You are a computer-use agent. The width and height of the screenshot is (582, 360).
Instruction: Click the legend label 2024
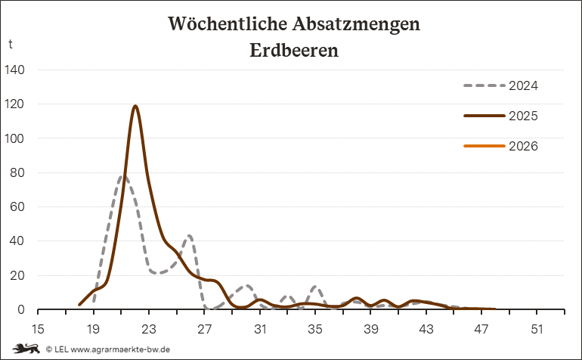pyautogui.click(x=523, y=85)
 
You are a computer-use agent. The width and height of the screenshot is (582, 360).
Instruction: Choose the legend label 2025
pyautogui.click(x=523, y=116)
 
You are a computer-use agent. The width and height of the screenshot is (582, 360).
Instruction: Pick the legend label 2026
pyautogui.click(x=523, y=146)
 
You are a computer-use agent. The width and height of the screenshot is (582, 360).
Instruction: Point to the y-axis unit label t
pyautogui.click(x=11, y=44)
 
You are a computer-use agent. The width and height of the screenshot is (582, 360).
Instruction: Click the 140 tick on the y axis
pyautogui.click(x=15, y=70)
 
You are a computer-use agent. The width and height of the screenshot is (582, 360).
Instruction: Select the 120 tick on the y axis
pyautogui.click(x=15, y=104)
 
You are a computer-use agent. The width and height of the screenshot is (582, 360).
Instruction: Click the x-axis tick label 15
pyautogui.click(x=38, y=330)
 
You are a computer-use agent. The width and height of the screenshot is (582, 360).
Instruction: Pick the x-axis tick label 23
pyautogui.click(x=149, y=330)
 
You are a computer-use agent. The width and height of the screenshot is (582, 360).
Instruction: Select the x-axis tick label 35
pyautogui.click(x=315, y=330)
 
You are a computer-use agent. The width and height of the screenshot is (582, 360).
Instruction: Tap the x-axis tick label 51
pyautogui.click(x=537, y=330)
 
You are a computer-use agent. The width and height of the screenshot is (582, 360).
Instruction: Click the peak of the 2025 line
pyautogui.click(x=135, y=106)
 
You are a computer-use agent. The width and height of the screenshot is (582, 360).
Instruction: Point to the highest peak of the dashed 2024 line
pyautogui.click(x=123, y=177)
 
